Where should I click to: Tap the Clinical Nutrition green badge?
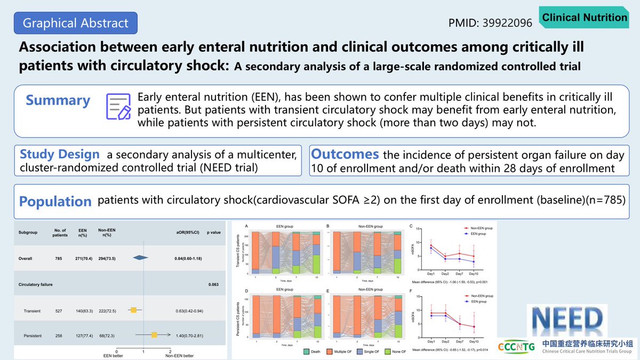tap(585, 18)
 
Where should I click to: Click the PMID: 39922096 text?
tap(491, 23)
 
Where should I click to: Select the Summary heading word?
tap(58, 100)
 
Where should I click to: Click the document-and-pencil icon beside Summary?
tap(118, 106)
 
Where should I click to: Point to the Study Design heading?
tap(59, 155)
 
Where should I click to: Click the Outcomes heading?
tap(345, 154)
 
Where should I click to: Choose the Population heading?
tap(55, 202)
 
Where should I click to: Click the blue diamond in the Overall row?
tap(140, 258)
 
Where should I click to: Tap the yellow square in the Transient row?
tap(133, 310)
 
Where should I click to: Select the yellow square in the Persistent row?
tap(154, 335)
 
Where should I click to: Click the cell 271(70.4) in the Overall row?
tap(78, 258)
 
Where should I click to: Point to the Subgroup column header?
tap(31, 233)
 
